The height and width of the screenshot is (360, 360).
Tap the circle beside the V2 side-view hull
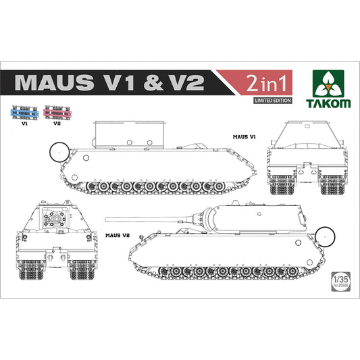326,236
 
